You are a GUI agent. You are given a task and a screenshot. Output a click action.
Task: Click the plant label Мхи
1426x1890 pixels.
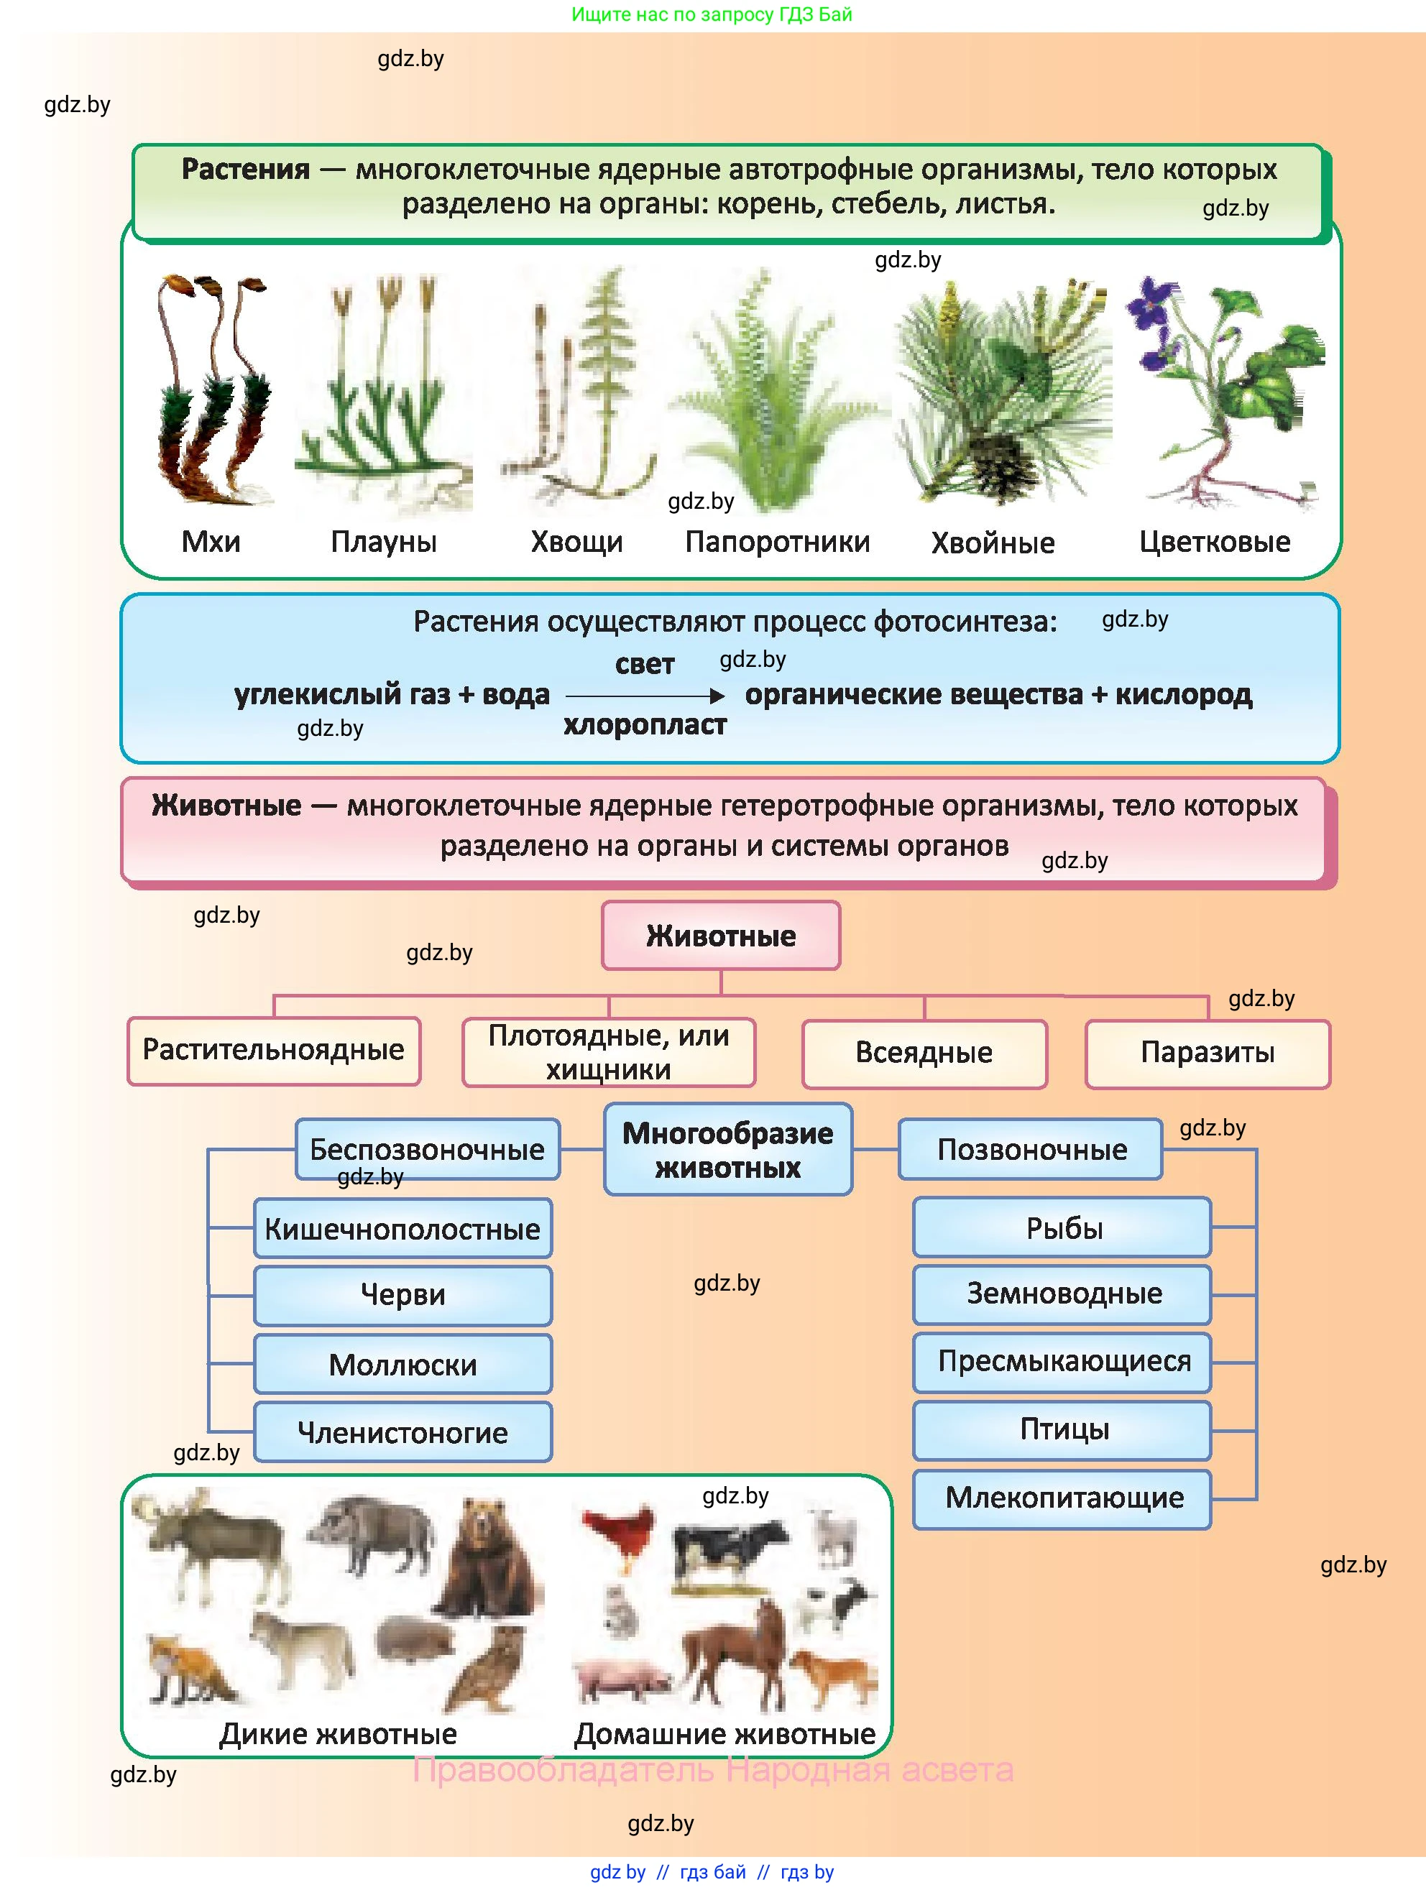point(211,542)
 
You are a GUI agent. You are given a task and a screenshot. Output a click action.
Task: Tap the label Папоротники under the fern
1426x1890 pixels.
point(778,542)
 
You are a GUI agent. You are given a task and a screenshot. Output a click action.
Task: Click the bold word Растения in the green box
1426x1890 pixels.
point(245,169)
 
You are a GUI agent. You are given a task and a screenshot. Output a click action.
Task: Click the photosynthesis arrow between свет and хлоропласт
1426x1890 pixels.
point(644,696)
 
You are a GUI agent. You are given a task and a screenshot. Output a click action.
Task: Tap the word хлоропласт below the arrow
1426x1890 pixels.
point(644,725)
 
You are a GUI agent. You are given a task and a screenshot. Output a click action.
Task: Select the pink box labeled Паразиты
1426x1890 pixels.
point(1207,1053)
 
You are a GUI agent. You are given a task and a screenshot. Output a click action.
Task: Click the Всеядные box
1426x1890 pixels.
point(924,1053)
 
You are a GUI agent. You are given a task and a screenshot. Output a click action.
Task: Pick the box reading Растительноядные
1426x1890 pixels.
point(273,1050)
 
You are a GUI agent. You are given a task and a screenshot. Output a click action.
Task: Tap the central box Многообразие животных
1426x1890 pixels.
point(727,1149)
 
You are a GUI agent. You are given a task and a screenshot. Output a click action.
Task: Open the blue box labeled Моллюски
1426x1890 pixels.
point(402,1365)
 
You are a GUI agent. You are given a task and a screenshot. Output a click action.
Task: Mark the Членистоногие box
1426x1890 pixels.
point(402,1432)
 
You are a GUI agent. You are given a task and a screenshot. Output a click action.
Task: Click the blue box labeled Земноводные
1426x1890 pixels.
point(1063,1294)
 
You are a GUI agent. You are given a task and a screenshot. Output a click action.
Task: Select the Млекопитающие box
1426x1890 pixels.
point(1063,1497)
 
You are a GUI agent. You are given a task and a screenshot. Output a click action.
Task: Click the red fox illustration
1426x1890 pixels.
point(188,1666)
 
